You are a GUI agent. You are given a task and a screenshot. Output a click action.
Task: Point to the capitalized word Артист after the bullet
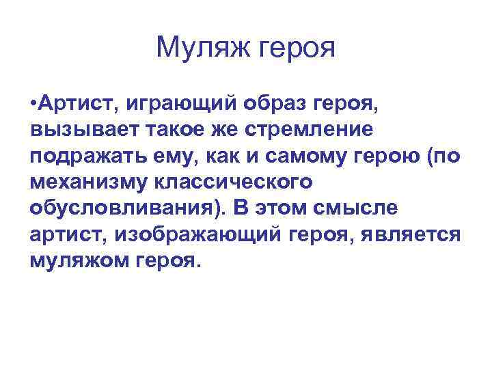pos(73,104)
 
